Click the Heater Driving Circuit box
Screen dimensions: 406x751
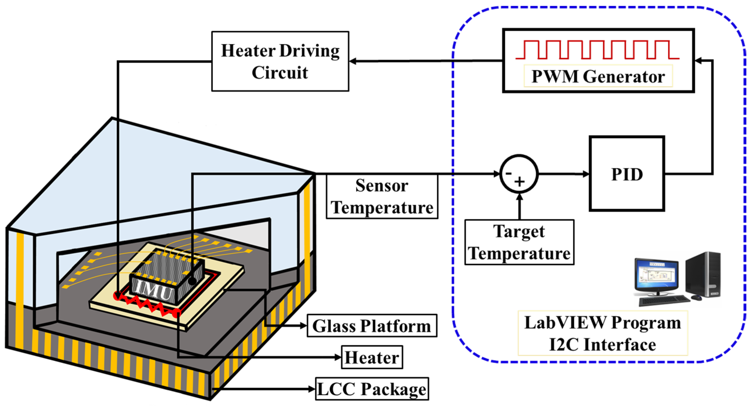pyautogui.click(x=280, y=61)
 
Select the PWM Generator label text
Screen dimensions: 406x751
pyautogui.click(x=598, y=77)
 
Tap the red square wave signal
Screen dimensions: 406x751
pyautogui.click(x=598, y=50)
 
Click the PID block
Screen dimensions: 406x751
pyautogui.click(x=627, y=174)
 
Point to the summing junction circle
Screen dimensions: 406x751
pyautogui.click(x=519, y=174)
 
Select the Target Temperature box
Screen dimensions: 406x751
pyautogui.click(x=519, y=242)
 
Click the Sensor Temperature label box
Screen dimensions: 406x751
pyautogui.click(x=382, y=197)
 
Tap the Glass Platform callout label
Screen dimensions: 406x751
pyautogui.click(x=372, y=326)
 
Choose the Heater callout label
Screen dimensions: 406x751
pyautogui.click(x=372, y=357)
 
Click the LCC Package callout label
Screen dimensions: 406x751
pyautogui.click(x=372, y=389)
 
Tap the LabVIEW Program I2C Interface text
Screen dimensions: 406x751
pyautogui.click(x=603, y=333)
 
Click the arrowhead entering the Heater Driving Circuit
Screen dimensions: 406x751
pyautogui.click(x=353, y=61)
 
